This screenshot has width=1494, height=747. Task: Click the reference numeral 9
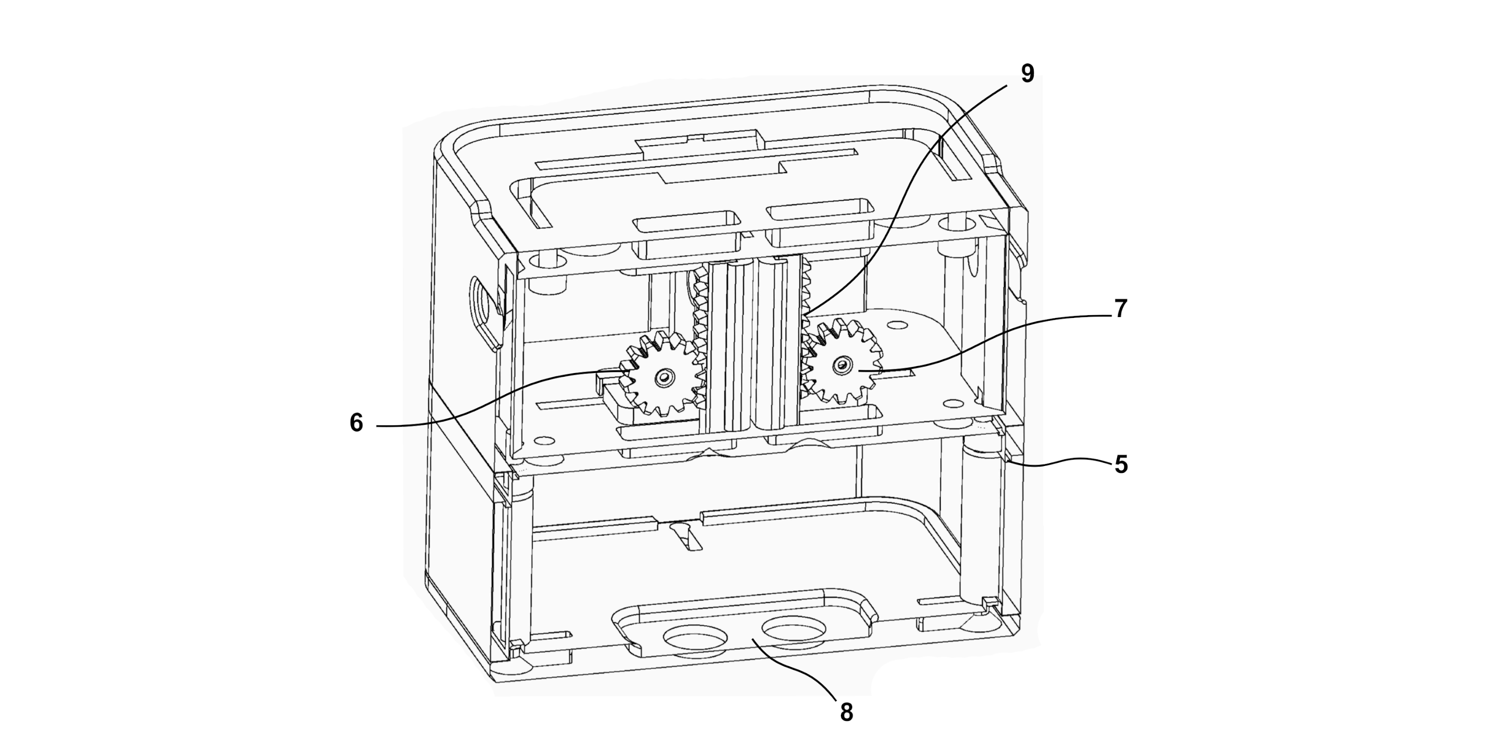pos(1027,74)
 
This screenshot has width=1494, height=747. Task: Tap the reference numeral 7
pos(1120,309)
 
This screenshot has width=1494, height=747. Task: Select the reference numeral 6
pos(356,423)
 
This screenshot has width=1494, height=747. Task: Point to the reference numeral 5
pos(1120,465)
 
